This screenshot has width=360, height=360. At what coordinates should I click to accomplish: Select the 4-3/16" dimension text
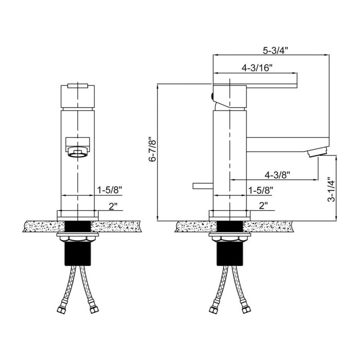257,68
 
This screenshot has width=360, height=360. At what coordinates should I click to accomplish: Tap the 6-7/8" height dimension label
153,150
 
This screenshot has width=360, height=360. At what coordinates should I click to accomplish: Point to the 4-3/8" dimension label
277,175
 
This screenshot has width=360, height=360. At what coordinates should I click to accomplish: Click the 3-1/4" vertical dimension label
331,189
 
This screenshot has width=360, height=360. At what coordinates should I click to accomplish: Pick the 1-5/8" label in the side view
261,190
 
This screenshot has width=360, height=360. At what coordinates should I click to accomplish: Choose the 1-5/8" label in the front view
110,190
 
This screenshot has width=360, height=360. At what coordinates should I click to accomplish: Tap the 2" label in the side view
263,206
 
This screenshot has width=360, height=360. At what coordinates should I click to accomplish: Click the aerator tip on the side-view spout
318,152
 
